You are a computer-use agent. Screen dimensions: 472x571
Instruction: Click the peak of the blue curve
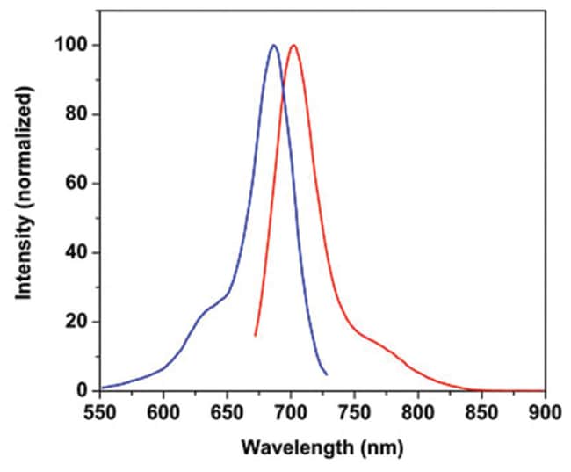(274, 46)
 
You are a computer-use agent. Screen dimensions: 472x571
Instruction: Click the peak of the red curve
(293, 46)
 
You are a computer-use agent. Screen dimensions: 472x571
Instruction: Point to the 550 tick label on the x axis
(100, 410)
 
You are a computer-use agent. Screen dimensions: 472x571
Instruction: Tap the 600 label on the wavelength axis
(163, 410)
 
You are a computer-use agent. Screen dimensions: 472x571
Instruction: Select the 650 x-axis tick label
(227, 410)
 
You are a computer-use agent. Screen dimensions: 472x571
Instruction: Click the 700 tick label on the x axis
(291, 410)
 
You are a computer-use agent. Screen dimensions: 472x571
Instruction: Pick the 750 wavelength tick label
(354, 410)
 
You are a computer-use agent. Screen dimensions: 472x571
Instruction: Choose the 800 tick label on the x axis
(418, 410)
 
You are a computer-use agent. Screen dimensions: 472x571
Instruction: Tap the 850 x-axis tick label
(481, 410)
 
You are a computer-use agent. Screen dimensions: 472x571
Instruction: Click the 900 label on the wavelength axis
(545, 410)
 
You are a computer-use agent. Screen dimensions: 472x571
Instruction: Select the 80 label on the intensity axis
(77, 114)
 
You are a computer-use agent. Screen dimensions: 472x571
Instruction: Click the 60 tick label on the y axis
(77, 184)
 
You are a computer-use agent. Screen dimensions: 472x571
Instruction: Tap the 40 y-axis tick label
(77, 253)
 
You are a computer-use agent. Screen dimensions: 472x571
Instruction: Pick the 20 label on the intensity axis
(77, 322)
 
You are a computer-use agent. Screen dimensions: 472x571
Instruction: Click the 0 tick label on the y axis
(82, 391)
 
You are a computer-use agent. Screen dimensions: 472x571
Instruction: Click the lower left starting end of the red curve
(255, 335)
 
